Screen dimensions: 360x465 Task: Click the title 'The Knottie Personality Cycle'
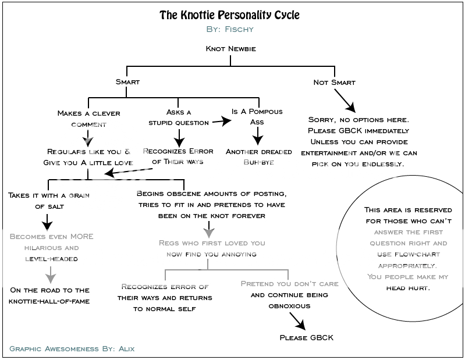click(229, 15)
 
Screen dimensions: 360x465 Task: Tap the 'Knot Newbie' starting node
click(230, 49)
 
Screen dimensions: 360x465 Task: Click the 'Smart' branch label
click(127, 82)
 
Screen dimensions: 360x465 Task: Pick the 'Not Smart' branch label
click(334, 82)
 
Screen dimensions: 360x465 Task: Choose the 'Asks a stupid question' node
click(178, 117)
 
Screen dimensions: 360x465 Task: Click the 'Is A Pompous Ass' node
click(257, 116)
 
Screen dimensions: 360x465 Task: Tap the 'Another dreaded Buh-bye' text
click(258, 156)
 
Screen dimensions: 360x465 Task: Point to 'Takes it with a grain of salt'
click(49, 200)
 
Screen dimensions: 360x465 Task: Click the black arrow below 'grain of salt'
click(49, 221)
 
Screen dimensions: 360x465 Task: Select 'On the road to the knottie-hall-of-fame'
click(49, 295)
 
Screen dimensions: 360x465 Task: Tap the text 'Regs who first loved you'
click(211, 243)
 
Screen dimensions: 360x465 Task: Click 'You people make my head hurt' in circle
click(407, 282)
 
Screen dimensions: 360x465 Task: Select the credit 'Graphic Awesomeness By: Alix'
click(72, 349)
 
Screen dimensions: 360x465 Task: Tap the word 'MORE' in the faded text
click(81, 237)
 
